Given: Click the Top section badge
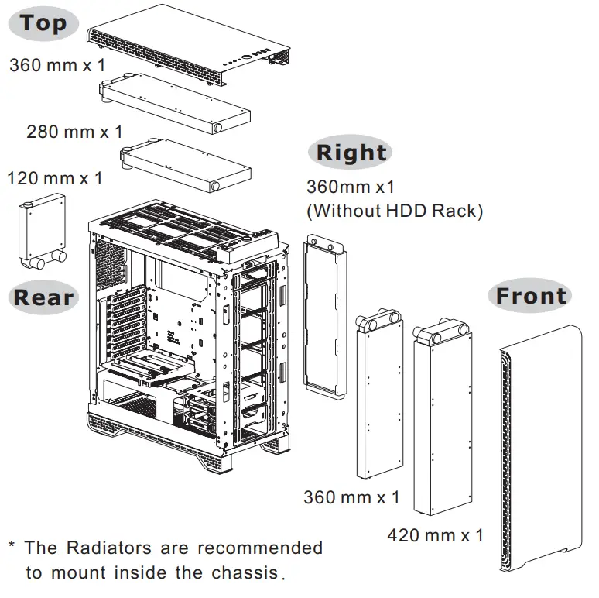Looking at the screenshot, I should click(44, 23).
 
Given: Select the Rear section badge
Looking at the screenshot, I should click(43, 297).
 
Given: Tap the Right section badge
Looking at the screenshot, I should click(351, 153).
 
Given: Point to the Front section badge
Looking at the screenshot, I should click(531, 296).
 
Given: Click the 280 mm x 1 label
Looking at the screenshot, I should click(74, 132).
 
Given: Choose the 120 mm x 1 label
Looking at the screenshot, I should click(54, 178).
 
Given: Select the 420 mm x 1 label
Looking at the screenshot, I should click(435, 535).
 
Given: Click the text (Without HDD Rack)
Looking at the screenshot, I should click(395, 210).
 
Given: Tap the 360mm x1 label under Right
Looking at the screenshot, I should click(351, 187).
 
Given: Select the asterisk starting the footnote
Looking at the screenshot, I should click(12, 546).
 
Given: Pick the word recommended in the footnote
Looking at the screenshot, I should click(260, 548).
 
